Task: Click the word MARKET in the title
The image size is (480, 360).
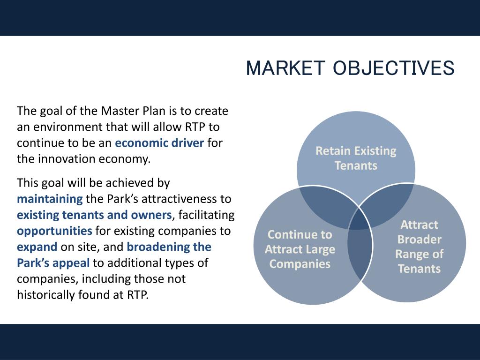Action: click(x=285, y=68)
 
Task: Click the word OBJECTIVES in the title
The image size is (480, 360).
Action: click(x=394, y=68)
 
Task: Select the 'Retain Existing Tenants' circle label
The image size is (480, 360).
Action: click(x=356, y=158)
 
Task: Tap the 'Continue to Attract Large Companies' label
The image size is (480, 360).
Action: click(x=300, y=249)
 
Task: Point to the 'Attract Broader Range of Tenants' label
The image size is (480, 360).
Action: click(x=420, y=247)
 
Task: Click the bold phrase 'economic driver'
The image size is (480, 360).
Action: click(x=159, y=143)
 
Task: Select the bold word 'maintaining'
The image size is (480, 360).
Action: click(x=50, y=199)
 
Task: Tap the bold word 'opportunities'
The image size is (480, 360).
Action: click(x=54, y=231)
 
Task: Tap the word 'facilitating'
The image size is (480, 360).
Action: click(x=206, y=215)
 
